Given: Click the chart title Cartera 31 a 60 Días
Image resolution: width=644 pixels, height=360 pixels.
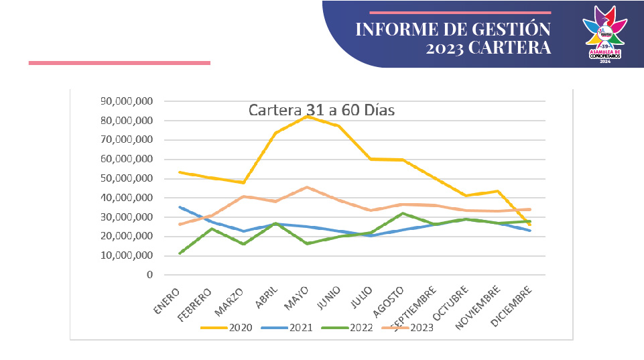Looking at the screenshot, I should tap(322, 110).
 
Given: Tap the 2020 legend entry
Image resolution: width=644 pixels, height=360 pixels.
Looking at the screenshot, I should tap(231, 328).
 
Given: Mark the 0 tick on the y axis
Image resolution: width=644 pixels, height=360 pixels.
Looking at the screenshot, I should tap(149, 275).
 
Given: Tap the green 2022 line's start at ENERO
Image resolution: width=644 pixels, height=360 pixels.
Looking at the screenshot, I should tap(180, 253).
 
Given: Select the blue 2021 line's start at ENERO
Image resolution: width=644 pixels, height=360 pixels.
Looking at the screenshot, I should tap(180, 207).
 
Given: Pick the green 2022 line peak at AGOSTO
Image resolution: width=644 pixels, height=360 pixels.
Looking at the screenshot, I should tap(402, 213).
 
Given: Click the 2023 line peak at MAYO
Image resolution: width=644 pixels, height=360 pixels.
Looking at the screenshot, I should tap(306, 187).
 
